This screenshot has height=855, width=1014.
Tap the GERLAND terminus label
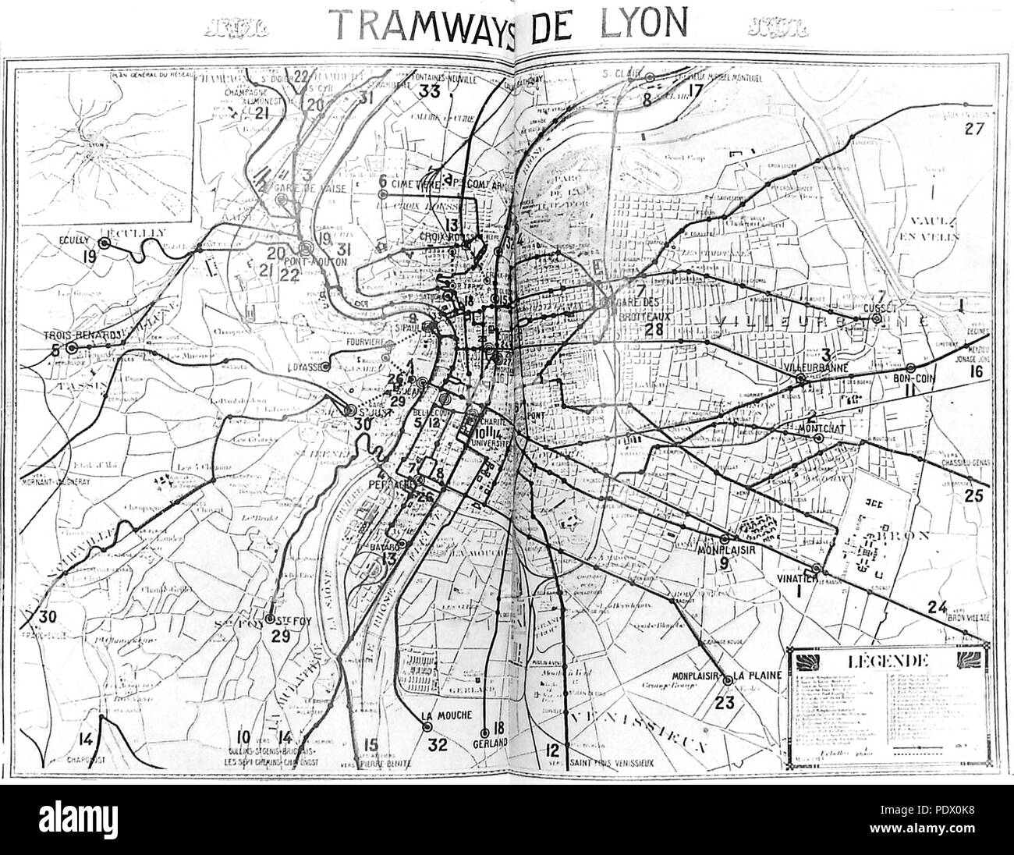pos(489,743)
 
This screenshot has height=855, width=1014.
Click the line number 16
pos(975,371)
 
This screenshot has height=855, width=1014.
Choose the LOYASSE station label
pos(310,364)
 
